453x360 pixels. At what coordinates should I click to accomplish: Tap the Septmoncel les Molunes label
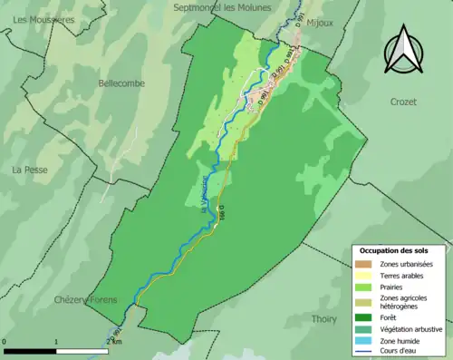232,7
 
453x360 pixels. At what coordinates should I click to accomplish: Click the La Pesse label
29,170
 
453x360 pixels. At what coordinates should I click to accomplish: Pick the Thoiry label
323,318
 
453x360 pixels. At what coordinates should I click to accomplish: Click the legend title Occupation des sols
394,249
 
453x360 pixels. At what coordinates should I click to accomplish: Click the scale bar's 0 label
5,342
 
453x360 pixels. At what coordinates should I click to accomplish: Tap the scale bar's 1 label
56,342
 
